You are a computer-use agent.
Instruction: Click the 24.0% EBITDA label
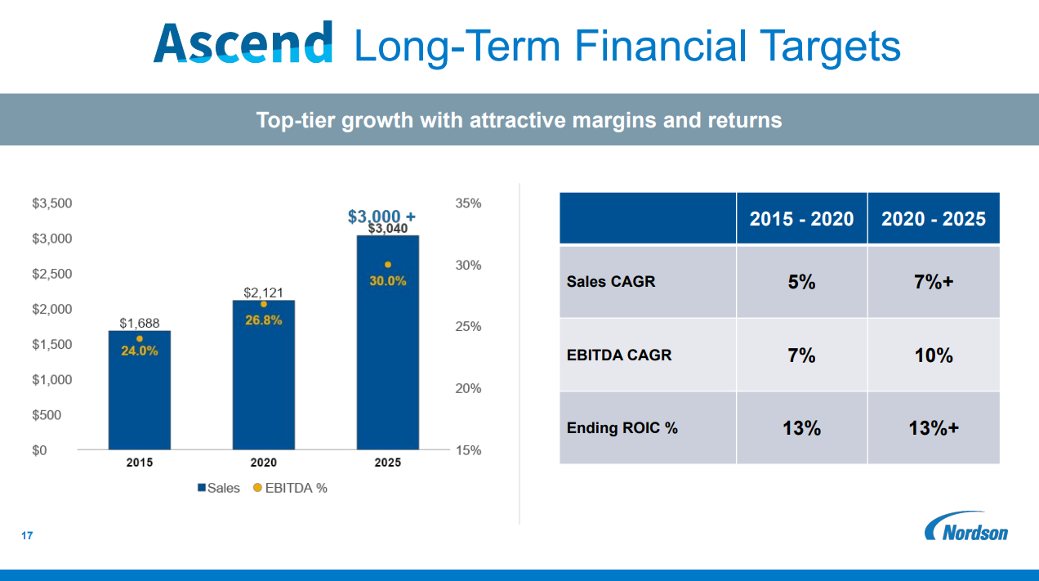(140, 351)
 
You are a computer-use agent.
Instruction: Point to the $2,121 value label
(263, 292)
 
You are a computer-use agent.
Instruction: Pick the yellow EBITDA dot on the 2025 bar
(388, 265)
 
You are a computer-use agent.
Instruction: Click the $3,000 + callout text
(381, 217)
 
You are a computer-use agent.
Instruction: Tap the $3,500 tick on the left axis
(52, 203)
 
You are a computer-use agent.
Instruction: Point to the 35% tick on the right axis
(468, 203)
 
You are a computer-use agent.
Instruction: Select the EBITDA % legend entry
(290, 488)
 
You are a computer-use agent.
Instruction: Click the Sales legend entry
(219, 488)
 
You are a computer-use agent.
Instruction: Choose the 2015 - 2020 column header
(801, 219)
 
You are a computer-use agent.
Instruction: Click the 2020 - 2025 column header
(934, 219)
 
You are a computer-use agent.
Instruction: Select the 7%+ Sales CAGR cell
(934, 282)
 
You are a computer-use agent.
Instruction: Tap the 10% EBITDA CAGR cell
(934, 355)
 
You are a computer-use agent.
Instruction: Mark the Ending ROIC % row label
(622, 427)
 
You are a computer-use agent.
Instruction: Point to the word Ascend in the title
(243, 42)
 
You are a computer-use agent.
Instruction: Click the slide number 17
(27, 536)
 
